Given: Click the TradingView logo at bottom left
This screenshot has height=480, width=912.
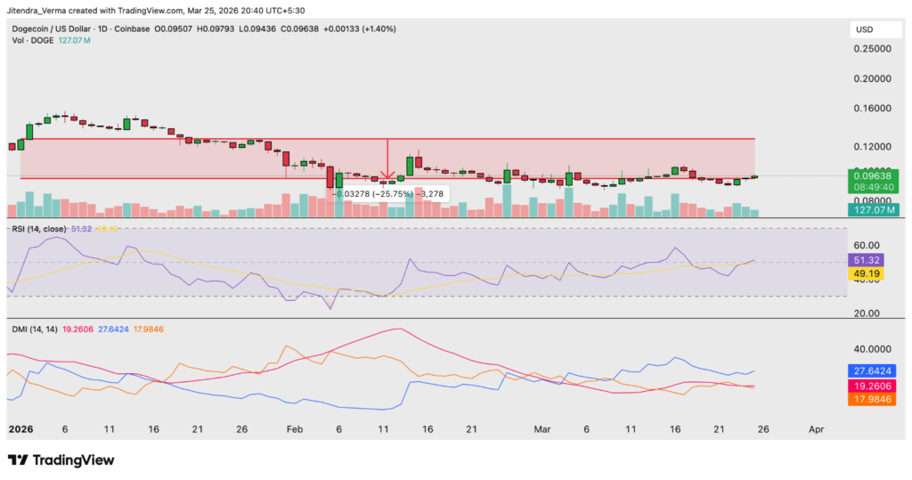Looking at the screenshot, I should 61,460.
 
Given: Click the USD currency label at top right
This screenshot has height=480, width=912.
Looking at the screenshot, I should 864,29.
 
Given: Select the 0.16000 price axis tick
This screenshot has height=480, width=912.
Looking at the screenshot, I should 874,109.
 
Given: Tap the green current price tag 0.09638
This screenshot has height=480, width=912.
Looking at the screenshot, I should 874,176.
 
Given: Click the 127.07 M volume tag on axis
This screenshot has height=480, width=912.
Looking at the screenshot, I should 874,210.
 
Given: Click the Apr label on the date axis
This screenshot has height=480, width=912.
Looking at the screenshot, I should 816,428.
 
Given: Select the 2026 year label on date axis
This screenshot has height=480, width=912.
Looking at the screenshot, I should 21,428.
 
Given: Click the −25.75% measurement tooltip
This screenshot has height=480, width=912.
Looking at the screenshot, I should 388,193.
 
